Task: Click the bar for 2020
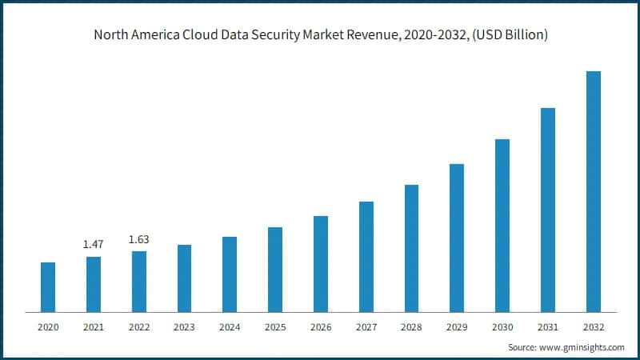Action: pyautogui.click(x=48, y=287)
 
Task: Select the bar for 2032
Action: pyautogui.click(x=593, y=191)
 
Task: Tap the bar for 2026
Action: pyautogui.click(x=321, y=264)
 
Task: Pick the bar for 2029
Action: pyautogui.click(x=457, y=238)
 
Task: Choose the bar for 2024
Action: pyautogui.click(x=230, y=274)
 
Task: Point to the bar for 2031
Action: pyautogui.click(x=547, y=210)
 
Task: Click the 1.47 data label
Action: pyautogui.click(x=94, y=244)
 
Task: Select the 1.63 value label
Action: pyautogui.click(x=139, y=238)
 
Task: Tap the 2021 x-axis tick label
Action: pyautogui.click(x=94, y=327)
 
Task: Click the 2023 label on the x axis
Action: pyautogui.click(x=184, y=327)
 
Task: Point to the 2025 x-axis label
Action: pyautogui.click(x=275, y=327)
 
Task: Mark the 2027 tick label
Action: pyautogui.click(x=366, y=327)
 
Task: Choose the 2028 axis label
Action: pyautogui.click(x=411, y=327)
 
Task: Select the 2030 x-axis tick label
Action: pyautogui.click(x=502, y=327)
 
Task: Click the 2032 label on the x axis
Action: pyautogui.click(x=593, y=327)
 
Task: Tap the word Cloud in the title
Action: pyautogui.click(x=210, y=35)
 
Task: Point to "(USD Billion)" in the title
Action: pyautogui.click(x=506, y=35)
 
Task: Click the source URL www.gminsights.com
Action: pyautogui.click(x=582, y=348)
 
